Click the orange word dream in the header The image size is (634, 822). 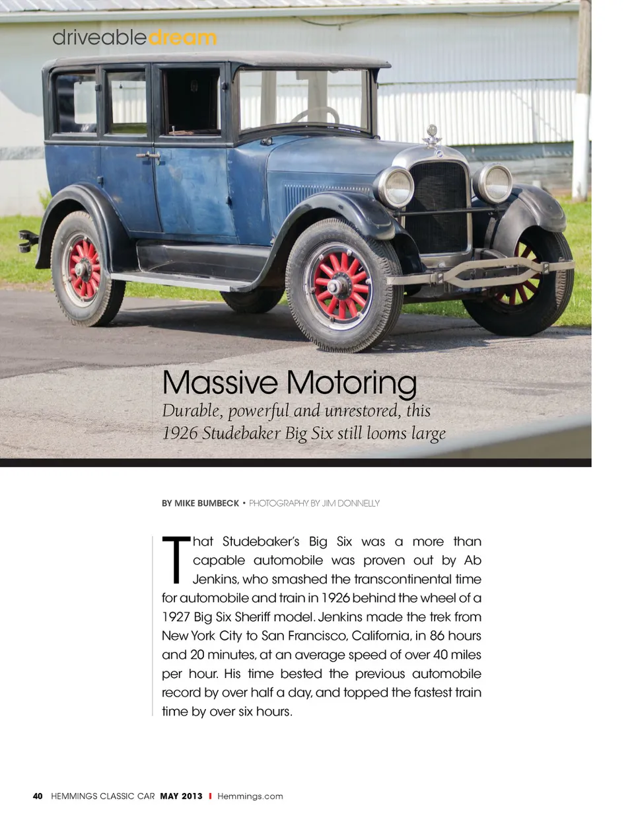[183, 38]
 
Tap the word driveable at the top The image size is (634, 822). [99, 38]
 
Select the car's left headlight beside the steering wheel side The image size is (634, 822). [396, 187]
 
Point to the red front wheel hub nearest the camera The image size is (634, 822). [338, 285]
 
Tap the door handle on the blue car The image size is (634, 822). [149, 157]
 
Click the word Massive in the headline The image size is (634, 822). [220, 383]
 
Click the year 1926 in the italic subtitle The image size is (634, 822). [180, 433]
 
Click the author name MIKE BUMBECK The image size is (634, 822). [206, 504]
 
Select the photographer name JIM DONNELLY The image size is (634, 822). [351, 504]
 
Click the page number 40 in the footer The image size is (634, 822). [38, 796]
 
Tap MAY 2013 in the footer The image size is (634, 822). [181, 796]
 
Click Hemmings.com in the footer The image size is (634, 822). [250, 796]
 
